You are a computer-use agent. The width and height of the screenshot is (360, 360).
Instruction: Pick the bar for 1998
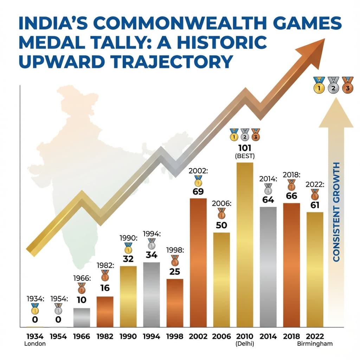(175, 302)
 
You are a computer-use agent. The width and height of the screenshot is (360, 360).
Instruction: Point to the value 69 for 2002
(198, 192)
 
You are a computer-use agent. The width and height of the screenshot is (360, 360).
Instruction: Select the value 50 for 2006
(221, 225)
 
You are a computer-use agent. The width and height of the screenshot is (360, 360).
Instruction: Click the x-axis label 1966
(82, 336)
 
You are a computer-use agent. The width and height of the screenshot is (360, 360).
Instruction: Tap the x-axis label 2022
(315, 336)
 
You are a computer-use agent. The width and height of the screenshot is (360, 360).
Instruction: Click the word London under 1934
(35, 343)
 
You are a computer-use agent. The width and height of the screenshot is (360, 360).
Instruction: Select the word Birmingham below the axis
(315, 343)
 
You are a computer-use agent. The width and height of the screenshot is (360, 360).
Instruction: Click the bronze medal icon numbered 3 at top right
(347, 86)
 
